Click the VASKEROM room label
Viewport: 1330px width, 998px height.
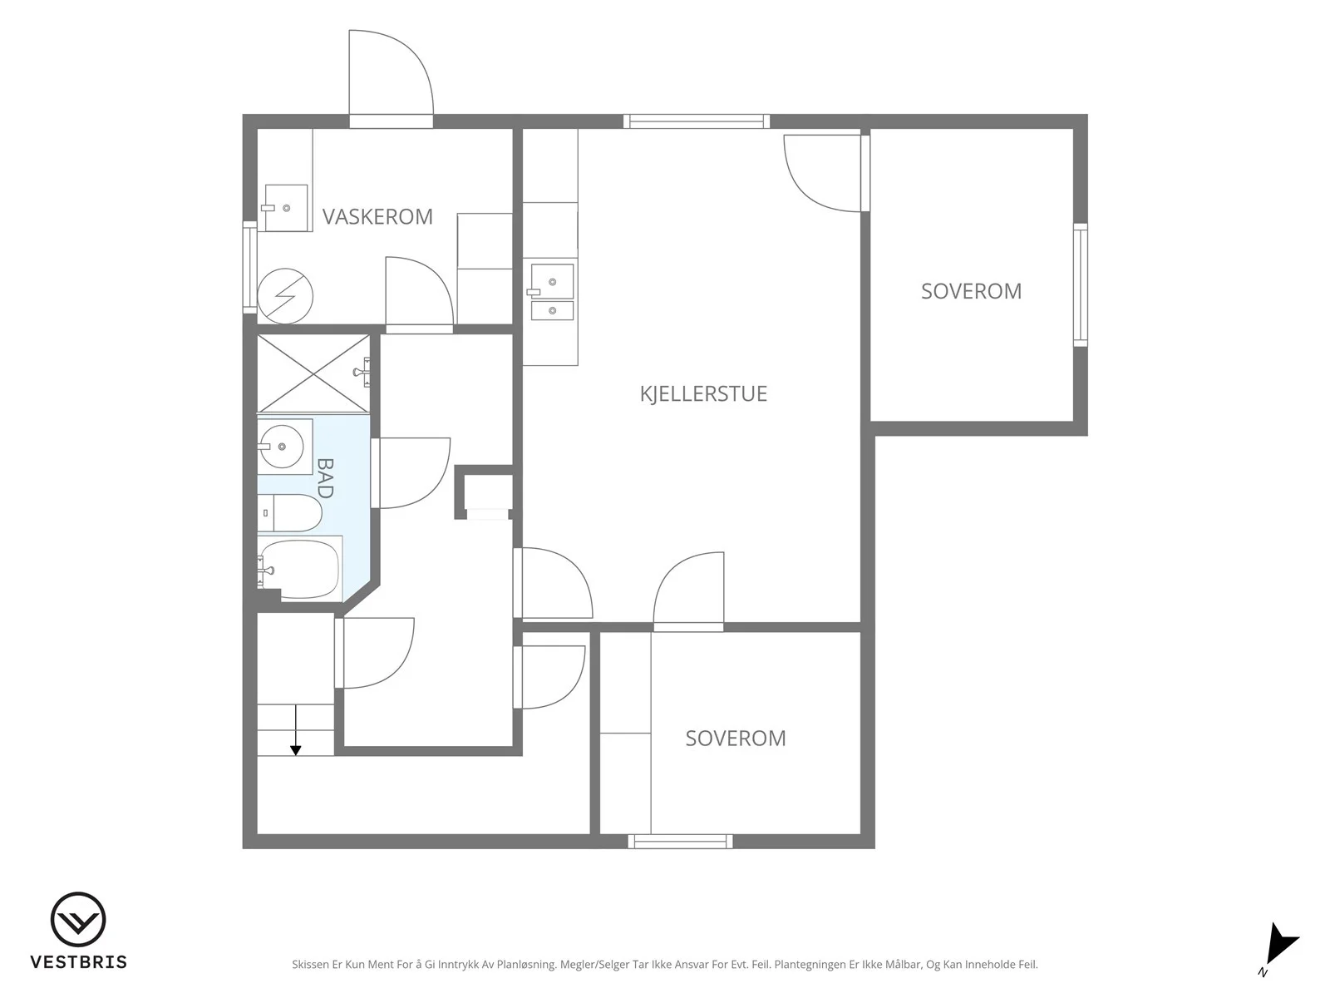pyautogui.click(x=377, y=216)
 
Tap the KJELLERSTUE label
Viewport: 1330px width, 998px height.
pyautogui.click(x=703, y=394)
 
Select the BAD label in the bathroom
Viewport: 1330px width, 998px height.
pyautogui.click(x=325, y=478)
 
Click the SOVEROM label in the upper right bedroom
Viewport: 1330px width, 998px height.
pyautogui.click(x=971, y=291)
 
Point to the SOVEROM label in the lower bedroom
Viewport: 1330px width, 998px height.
pyautogui.click(x=736, y=738)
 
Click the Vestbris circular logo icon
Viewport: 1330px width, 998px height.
pyautogui.click(x=78, y=919)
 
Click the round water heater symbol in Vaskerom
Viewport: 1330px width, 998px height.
pyautogui.click(x=285, y=296)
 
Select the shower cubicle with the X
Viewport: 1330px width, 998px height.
pyautogui.click(x=313, y=373)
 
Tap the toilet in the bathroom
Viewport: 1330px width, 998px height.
pyautogui.click(x=289, y=512)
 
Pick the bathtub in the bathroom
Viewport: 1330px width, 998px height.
pyautogui.click(x=299, y=569)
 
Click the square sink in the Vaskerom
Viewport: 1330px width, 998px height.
pyautogui.click(x=286, y=208)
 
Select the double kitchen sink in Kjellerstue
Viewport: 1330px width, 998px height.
pyautogui.click(x=552, y=292)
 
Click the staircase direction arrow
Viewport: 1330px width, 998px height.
pyautogui.click(x=296, y=730)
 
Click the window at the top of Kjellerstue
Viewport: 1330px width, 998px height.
pyautogui.click(x=697, y=121)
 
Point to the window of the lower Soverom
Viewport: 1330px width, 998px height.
pyautogui.click(x=681, y=841)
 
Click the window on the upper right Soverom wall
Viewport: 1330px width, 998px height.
pyautogui.click(x=1081, y=284)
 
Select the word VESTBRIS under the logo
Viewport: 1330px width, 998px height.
pyautogui.click(x=79, y=962)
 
